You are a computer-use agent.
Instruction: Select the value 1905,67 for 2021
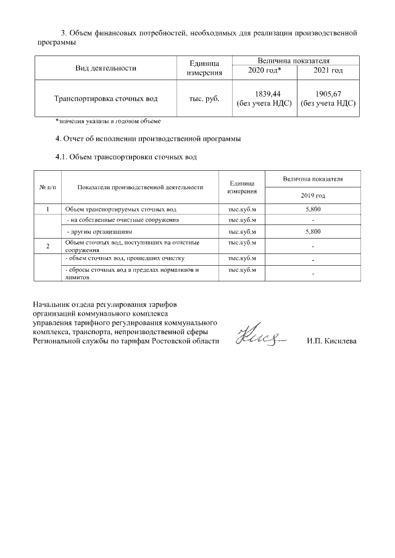[328, 92]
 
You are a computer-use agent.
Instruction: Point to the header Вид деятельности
[106, 68]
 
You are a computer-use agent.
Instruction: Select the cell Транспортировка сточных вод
[106, 98]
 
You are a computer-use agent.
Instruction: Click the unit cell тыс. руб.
[204, 98]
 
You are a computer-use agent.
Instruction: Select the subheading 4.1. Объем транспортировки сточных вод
[126, 157]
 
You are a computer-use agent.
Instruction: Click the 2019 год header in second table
[312, 195]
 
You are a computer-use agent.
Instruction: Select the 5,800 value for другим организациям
[312, 232]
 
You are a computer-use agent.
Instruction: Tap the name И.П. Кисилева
[331, 341]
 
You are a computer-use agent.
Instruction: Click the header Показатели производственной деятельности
[141, 187]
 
